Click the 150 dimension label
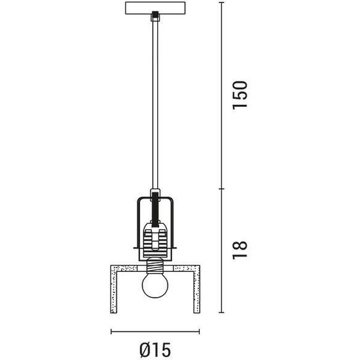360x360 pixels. [240, 95]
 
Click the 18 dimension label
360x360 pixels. [240, 250]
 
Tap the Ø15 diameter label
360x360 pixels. [155, 350]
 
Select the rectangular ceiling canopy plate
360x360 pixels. [155, 8]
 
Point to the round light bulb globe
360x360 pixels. [155, 285]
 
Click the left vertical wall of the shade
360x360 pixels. [114, 289]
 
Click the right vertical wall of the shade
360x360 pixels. [197, 289]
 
